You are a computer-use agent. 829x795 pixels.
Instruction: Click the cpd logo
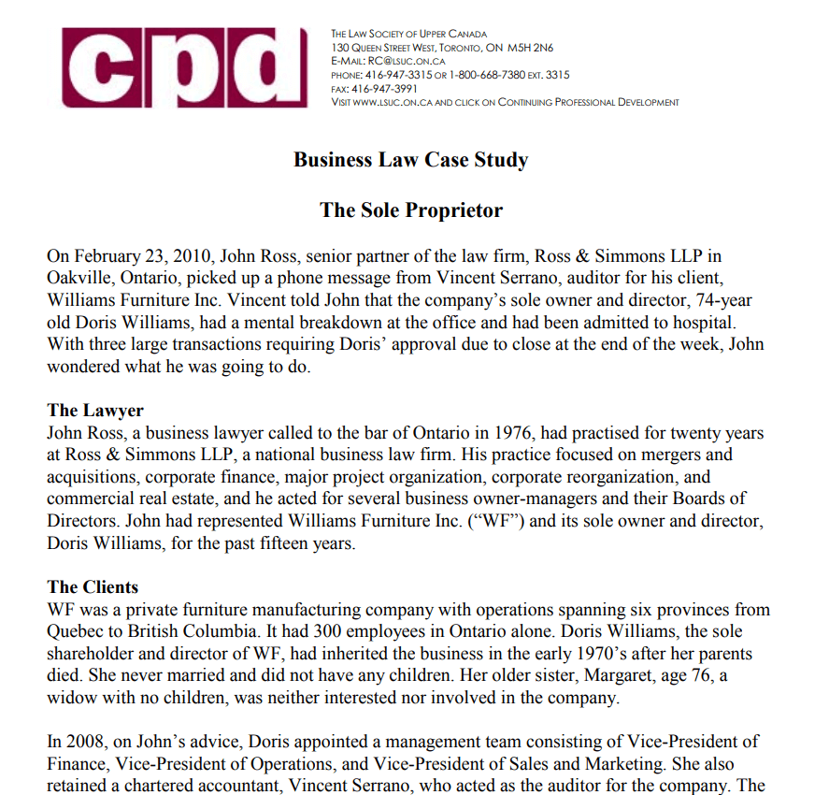click(185, 67)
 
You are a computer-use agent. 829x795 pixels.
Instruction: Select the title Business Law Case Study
click(410, 159)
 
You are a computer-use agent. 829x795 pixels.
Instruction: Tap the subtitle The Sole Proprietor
click(411, 210)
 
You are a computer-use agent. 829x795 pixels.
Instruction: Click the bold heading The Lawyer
click(95, 411)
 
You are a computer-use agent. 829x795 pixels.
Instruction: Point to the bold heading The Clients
click(93, 587)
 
